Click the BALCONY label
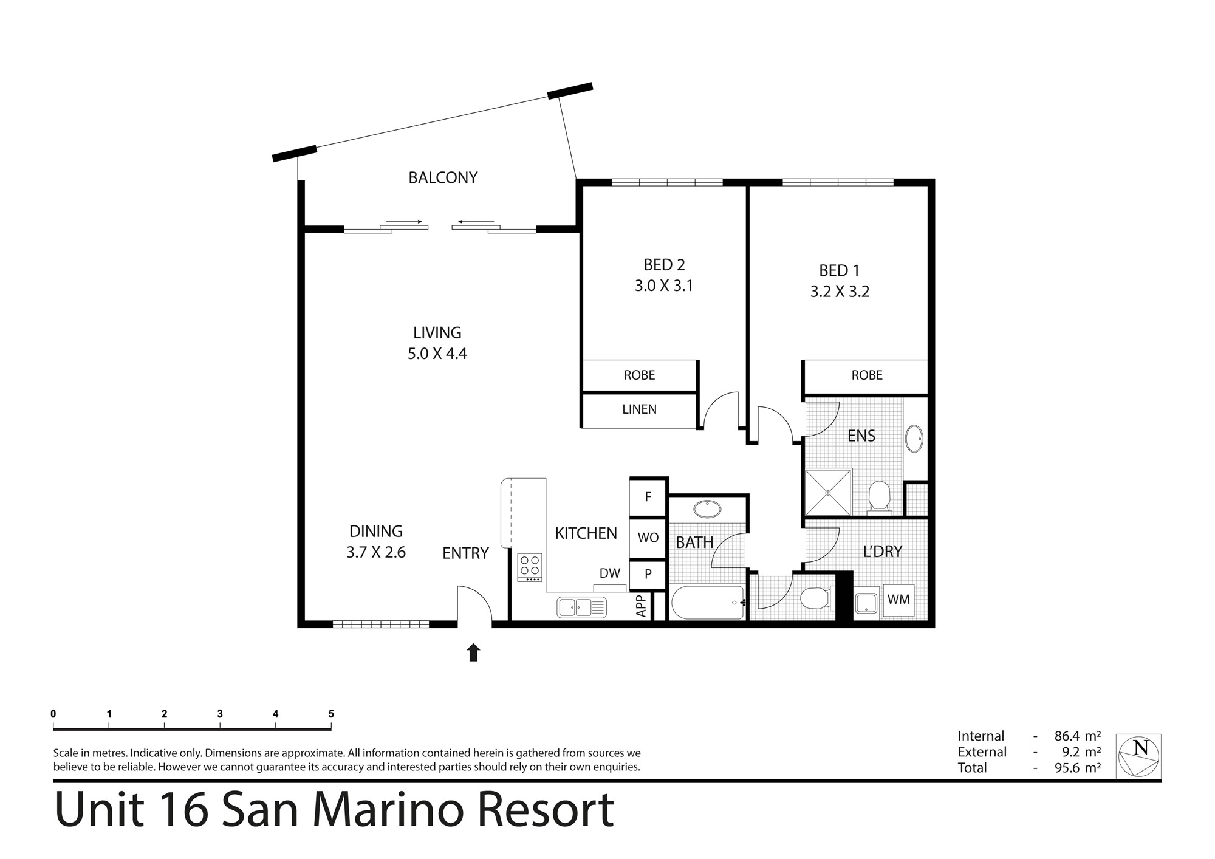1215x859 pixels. pos(443,177)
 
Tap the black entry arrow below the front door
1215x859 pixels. pos(473,652)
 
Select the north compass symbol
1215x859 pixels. pos(1138,756)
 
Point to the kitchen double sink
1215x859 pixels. pos(581,607)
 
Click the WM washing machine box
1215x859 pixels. pos(898,600)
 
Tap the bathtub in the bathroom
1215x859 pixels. pos(708,602)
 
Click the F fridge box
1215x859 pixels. pos(648,497)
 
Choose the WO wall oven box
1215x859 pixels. pos(648,538)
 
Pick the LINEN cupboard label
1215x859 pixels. pos(639,409)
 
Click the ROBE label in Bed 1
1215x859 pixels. pos(867,375)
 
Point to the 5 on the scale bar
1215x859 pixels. pos(331,714)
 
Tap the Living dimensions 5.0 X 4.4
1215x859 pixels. pos(437,354)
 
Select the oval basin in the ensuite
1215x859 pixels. pos(914,439)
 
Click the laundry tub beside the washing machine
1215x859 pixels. pos(867,602)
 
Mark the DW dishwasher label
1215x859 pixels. pos(610,573)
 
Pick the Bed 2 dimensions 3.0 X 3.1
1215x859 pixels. pos(664,286)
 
